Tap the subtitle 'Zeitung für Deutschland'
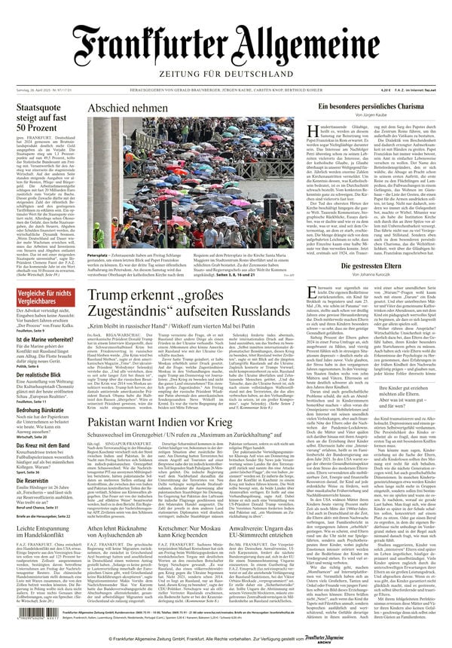click(225, 75)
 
